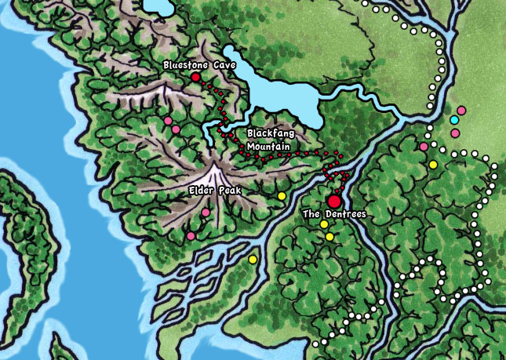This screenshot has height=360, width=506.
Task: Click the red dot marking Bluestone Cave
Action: (x=195, y=78)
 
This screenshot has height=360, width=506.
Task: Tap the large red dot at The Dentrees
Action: (x=335, y=201)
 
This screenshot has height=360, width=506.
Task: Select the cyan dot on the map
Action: (x=454, y=120)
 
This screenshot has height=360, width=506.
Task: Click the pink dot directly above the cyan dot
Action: (x=461, y=110)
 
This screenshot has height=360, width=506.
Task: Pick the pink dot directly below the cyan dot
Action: (x=455, y=133)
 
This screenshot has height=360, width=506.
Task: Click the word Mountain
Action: (x=268, y=146)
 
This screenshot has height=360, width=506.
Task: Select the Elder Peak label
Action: (x=214, y=191)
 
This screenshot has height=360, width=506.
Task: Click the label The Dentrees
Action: (x=334, y=213)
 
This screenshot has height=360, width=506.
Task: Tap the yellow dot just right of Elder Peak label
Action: (x=282, y=195)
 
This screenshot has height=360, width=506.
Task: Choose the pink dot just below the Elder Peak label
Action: (x=206, y=212)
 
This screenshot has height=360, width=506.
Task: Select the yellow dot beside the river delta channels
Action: (x=252, y=259)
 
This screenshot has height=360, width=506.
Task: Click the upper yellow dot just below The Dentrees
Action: (x=323, y=225)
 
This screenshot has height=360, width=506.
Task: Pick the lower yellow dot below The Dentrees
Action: (x=329, y=237)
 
